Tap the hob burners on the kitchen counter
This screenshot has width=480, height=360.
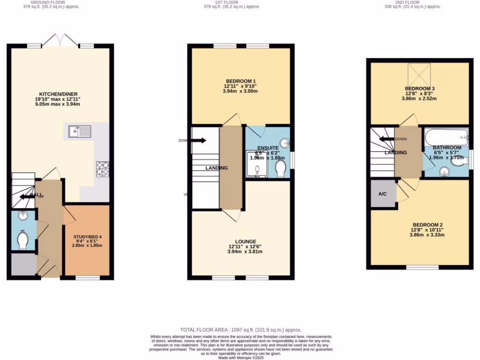pyautogui.click(x=103, y=169)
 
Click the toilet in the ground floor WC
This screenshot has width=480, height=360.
pyautogui.click(x=22, y=241)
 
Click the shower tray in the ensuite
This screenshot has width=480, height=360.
pyautogui.click(x=257, y=165)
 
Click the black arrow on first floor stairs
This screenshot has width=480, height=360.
pyautogui.click(x=199, y=140)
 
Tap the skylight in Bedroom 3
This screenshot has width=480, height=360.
pyautogui.click(x=419, y=74)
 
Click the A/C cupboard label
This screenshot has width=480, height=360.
pyautogui.click(x=382, y=194)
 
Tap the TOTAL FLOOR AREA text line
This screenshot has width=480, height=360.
pyautogui.click(x=241, y=330)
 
